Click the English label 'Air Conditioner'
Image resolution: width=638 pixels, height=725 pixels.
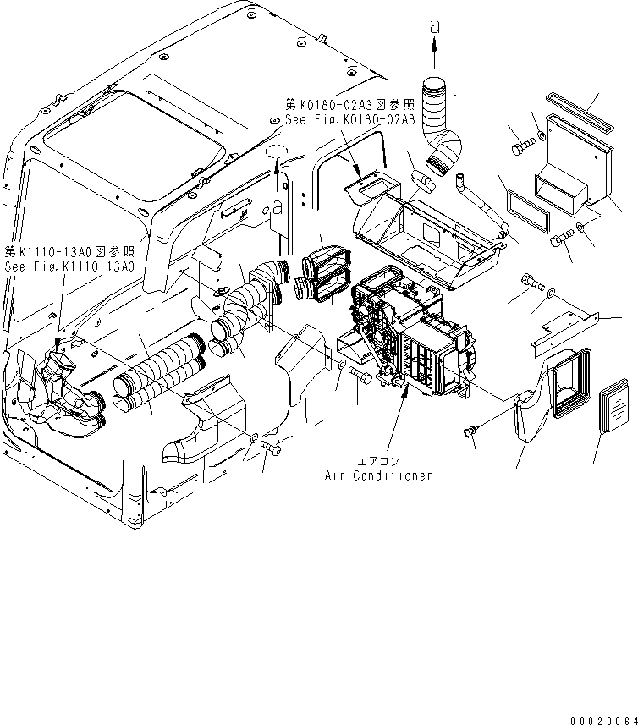(378, 475)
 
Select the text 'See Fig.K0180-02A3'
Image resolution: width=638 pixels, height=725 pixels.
(348, 120)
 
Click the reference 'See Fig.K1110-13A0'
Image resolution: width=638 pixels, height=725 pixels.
(69, 266)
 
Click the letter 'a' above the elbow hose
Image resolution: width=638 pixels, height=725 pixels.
(435, 27)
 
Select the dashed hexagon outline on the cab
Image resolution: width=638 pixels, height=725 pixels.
(273, 153)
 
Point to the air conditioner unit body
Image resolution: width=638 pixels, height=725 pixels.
(415, 338)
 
